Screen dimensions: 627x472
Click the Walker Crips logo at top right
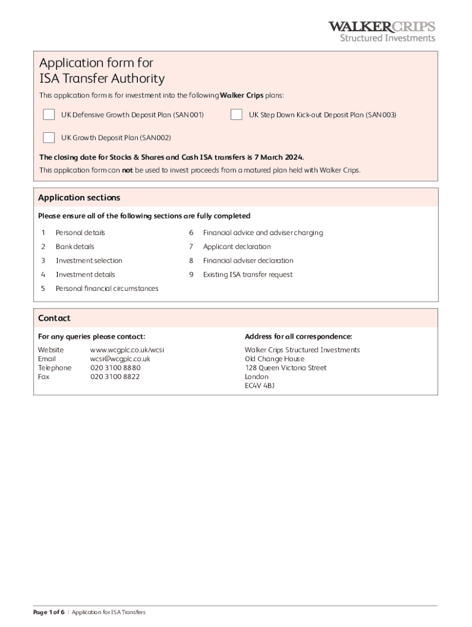point(381,31)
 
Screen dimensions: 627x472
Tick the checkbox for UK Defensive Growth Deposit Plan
point(48,115)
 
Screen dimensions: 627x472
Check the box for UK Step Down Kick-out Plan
point(236,115)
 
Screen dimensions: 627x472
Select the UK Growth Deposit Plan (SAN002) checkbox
point(48,137)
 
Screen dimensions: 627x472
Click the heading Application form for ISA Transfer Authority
point(102,70)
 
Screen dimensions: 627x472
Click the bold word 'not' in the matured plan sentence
point(128,170)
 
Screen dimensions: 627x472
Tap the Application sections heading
point(79,198)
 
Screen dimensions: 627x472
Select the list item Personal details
point(80,233)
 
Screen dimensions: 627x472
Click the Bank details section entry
point(75,247)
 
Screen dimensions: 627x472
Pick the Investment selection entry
point(89,261)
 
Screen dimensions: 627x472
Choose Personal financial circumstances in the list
point(107,288)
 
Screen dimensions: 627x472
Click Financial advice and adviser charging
point(263,233)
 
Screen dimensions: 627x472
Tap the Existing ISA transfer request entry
point(248,275)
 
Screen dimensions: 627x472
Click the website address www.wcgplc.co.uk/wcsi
point(127,350)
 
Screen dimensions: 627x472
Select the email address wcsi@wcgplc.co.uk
point(120,359)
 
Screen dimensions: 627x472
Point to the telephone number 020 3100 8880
point(115,368)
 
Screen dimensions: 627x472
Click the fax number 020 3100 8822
point(115,377)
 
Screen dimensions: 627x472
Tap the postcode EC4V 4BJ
point(259,386)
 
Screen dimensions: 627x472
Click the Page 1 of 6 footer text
point(49,612)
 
